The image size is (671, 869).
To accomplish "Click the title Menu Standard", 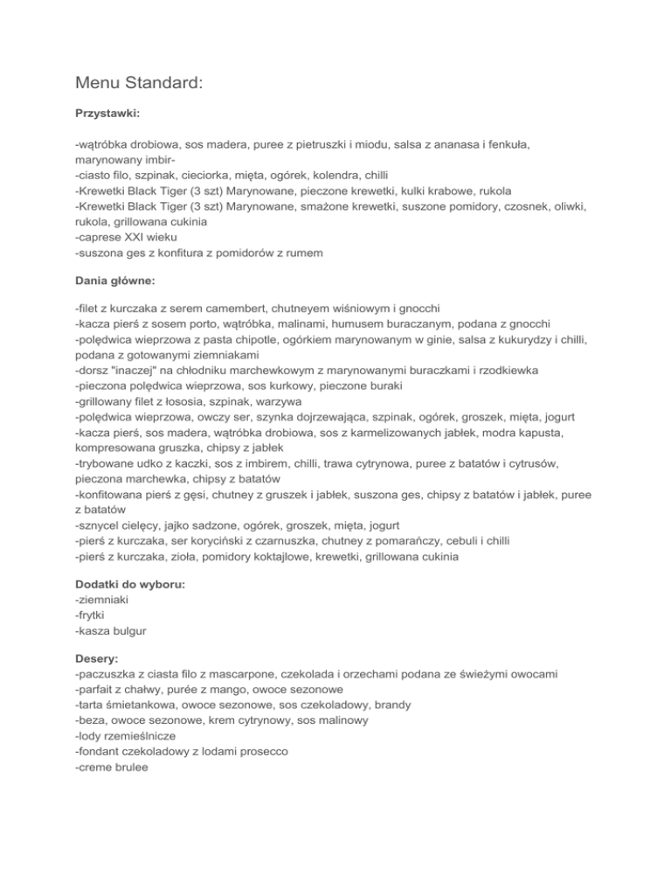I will (138, 84).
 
